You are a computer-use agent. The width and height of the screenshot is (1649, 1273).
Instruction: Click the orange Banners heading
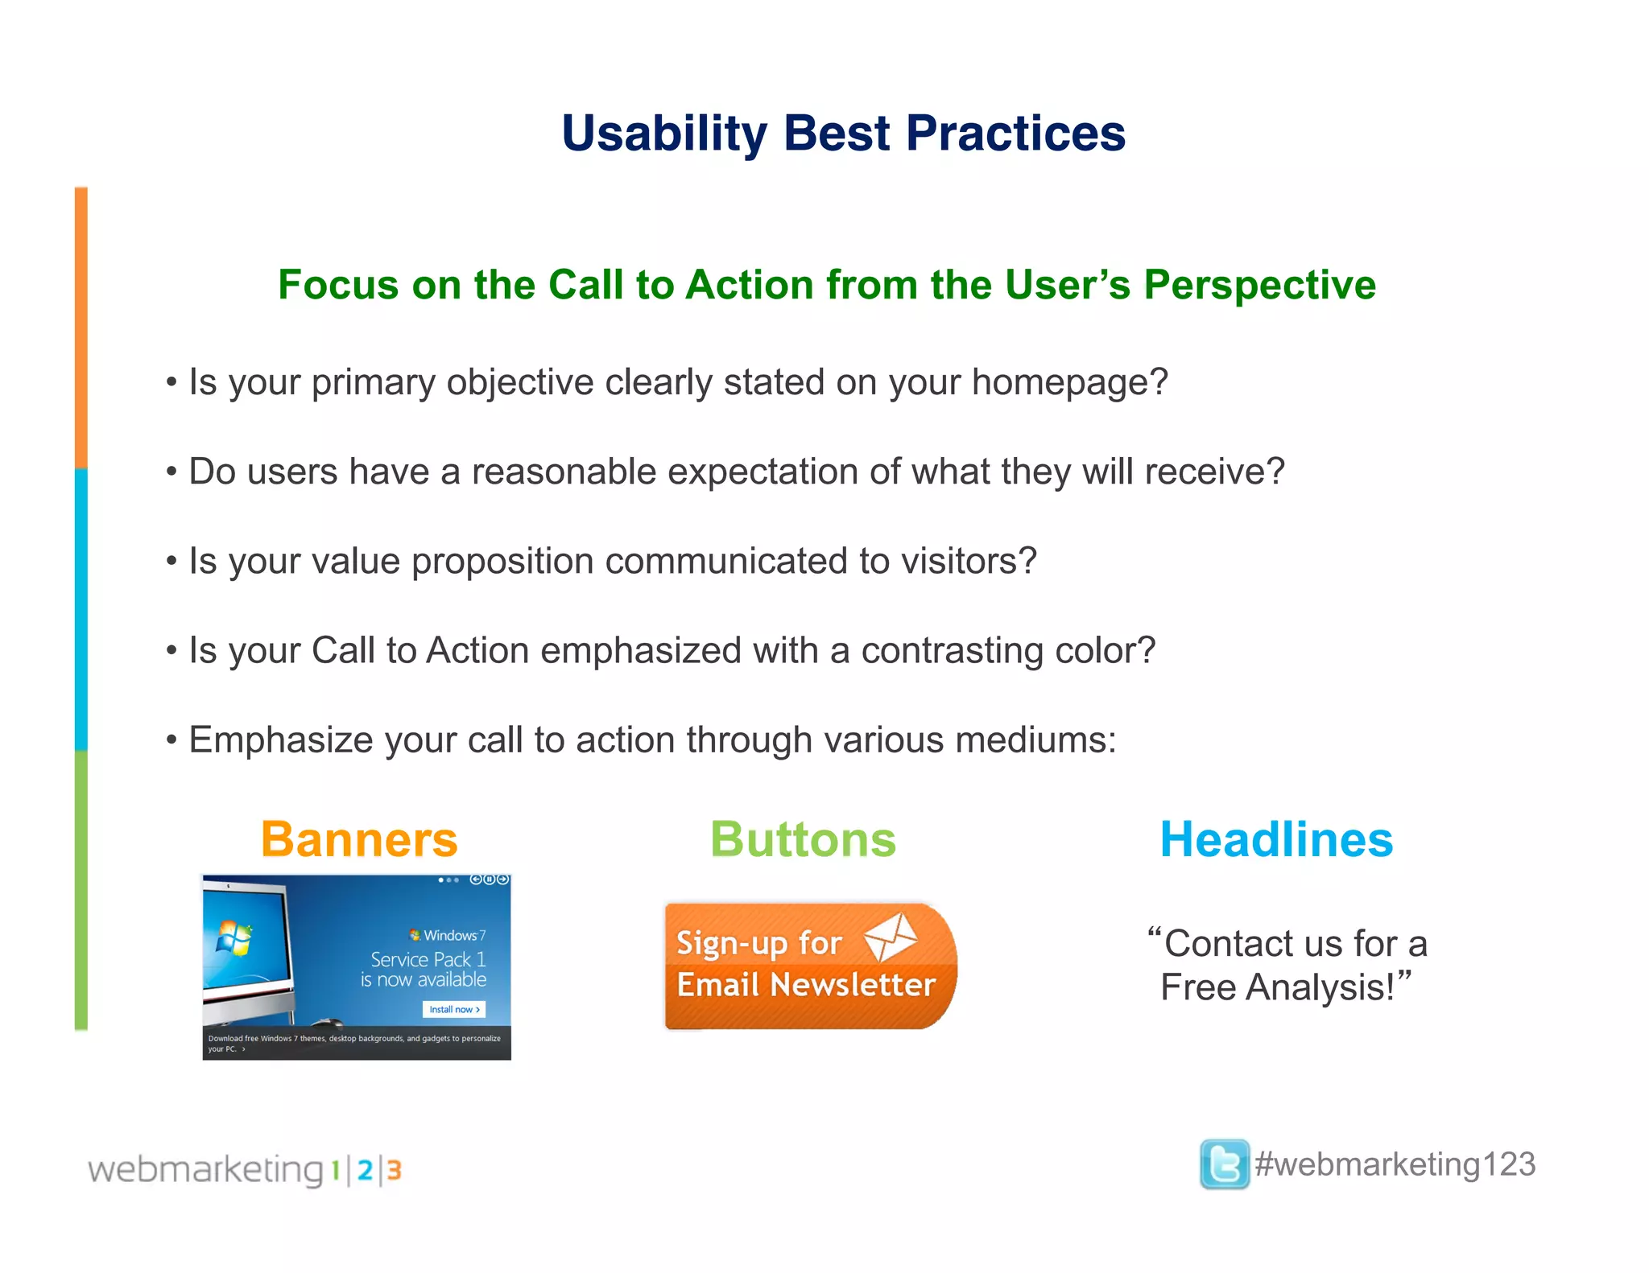tap(359, 839)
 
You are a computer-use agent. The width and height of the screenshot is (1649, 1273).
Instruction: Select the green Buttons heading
tap(803, 839)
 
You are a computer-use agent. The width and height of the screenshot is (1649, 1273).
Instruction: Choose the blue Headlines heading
tap(1276, 839)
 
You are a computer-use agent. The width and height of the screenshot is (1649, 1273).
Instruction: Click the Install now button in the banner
tap(453, 1009)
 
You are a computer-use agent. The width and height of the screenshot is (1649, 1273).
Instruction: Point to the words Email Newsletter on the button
tap(806, 985)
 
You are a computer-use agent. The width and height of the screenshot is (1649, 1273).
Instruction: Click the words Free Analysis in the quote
tap(1277, 987)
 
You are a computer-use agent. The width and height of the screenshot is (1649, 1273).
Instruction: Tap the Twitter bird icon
tap(1224, 1164)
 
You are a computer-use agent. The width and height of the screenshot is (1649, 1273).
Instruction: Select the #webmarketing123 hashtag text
tap(1395, 1164)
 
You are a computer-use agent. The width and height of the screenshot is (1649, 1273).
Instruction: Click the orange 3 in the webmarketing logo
tap(394, 1170)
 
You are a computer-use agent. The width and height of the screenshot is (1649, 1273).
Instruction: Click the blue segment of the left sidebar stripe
tap(81, 609)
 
